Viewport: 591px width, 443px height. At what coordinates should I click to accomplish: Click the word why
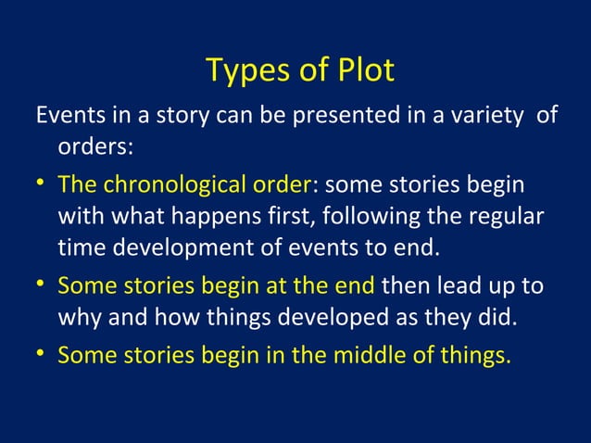(82, 319)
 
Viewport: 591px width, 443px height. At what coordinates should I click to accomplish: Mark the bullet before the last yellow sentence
(43, 354)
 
